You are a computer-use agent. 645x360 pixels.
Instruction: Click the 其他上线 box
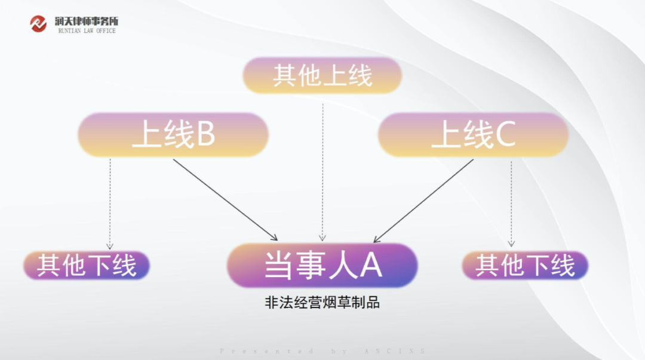click(x=322, y=76)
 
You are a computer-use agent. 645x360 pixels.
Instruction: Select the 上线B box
click(x=173, y=136)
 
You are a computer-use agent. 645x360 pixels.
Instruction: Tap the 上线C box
click(x=473, y=136)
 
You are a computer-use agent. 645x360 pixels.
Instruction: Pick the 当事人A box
click(x=322, y=266)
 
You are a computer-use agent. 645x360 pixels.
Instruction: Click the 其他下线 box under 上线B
click(x=87, y=266)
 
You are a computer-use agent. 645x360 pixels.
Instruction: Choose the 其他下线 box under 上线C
click(x=525, y=266)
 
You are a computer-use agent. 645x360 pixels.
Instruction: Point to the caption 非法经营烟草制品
click(x=322, y=303)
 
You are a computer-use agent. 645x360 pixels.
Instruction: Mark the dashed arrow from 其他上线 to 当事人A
click(x=322, y=173)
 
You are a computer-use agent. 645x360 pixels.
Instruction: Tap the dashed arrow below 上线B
click(x=110, y=203)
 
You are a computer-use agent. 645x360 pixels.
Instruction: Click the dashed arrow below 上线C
click(x=511, y=203)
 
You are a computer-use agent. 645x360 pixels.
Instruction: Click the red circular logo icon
click(x=38, y=24)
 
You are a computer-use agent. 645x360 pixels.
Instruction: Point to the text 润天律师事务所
click(x=86, y=21)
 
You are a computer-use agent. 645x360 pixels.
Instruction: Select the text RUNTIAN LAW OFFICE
click(x=87, y=31)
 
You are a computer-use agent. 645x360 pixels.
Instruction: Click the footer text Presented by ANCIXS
click(x=322, y=352)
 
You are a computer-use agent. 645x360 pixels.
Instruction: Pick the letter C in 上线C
click(x=505, y=136)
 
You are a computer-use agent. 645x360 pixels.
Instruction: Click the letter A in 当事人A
click(x=371, y=266)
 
